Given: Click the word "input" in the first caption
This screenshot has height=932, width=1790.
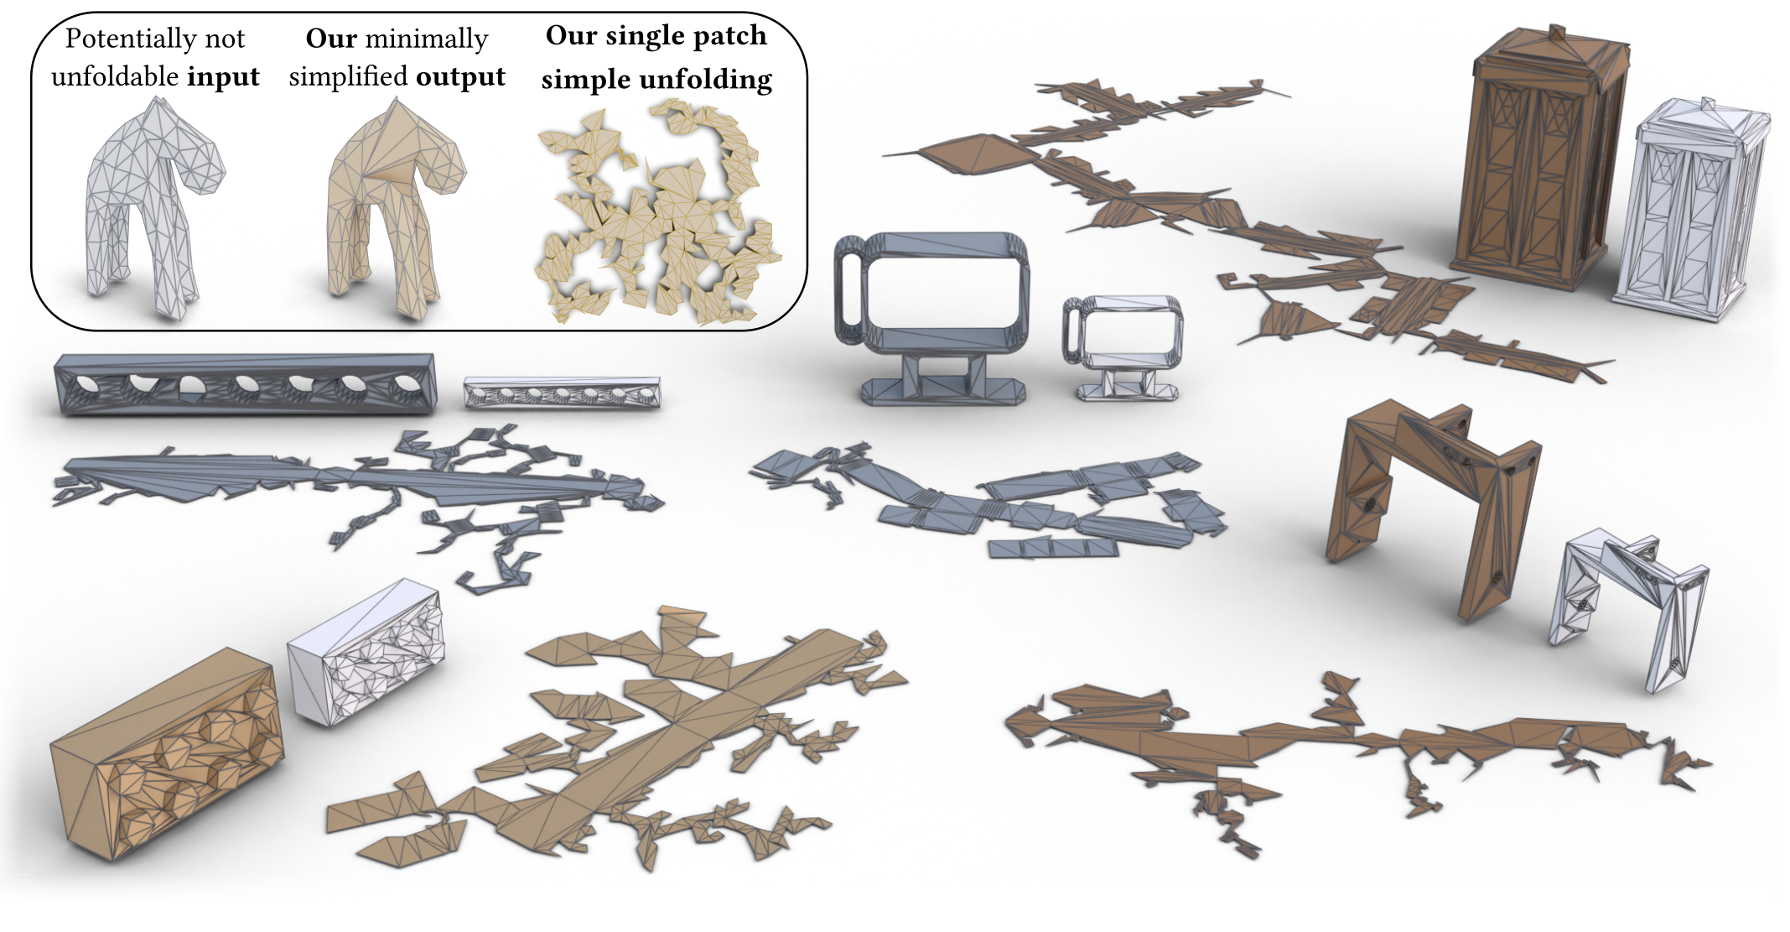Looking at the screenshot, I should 223,77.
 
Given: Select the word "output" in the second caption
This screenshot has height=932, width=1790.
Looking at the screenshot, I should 460,77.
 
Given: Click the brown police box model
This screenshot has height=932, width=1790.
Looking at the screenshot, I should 1539,159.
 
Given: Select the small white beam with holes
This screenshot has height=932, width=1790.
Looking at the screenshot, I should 562,393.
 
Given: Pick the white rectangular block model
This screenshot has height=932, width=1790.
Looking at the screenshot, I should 366,650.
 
